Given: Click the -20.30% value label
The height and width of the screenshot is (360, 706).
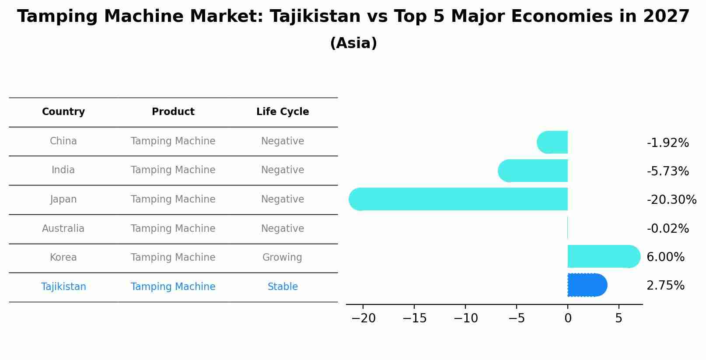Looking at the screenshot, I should (x=671, y=200).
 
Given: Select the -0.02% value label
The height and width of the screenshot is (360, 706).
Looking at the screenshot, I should (x=668, y=229).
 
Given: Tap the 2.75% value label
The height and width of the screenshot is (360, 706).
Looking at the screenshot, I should (x=665, y=286).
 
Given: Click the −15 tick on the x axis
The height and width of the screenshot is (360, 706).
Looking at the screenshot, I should (x=414, y=318).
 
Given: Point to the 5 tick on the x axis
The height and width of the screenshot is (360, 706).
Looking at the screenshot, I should (x=619, y=318).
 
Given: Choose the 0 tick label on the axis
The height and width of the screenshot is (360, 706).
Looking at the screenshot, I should (x=568, y=318).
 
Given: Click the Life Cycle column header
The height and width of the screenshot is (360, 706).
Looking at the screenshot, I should (x=283, y=112).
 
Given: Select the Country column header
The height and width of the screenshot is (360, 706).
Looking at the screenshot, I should (x=63, y=112).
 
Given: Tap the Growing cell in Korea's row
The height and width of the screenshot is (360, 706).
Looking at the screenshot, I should (x=282, y=258).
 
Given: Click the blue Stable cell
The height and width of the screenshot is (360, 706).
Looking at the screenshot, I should (x=283, y=287).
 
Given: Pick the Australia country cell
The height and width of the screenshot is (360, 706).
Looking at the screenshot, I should (x=63, y=229).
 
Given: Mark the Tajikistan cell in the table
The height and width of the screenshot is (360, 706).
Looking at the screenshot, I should (x=63, y=287).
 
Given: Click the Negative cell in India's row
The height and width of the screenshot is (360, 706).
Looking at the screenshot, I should (x=283, y=170).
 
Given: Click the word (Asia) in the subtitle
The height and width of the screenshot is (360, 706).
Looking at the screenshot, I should (x=353, y=43).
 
